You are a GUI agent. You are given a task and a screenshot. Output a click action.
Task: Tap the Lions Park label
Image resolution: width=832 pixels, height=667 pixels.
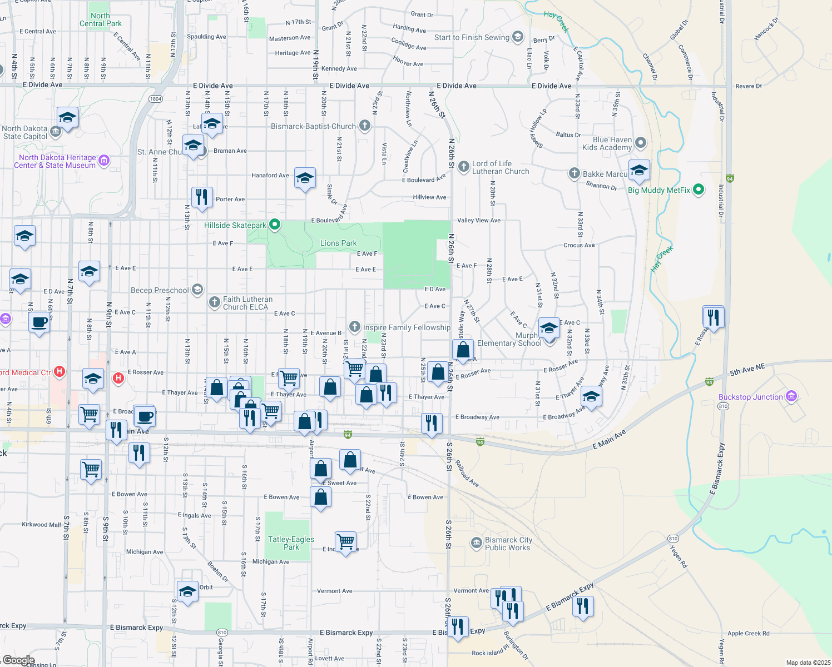pyautogui.click(x=338, y=243)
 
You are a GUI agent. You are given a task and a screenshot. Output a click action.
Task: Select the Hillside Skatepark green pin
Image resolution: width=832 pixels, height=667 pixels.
pyautogui.click(x=274, y=225)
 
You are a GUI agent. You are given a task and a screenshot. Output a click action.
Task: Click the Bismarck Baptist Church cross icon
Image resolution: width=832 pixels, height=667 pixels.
pyautogui.click(x=365, y=126)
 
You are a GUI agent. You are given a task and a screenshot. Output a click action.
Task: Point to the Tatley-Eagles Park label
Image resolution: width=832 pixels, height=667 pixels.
pyautogui.click(x=291, y=543)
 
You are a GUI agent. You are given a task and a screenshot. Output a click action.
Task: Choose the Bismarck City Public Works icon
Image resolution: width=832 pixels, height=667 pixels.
pyautogui.click(x=476, y=543)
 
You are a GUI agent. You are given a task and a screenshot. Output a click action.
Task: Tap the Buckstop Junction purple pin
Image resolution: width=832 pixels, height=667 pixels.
pyautogui.click(x=791, y=396)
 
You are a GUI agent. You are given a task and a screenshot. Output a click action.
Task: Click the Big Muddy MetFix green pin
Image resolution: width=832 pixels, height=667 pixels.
pyautogui.click(x=699, y=190)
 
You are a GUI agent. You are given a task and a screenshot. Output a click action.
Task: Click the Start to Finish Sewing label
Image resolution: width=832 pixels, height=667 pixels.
pyautogui.click(x=472, y=37)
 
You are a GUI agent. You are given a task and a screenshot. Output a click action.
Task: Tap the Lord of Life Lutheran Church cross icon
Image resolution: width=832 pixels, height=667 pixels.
pyautogui.click(x=464, y=167)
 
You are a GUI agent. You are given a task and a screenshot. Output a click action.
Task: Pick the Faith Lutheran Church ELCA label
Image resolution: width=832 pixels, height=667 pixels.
pyautogui.click(x=247, y=303)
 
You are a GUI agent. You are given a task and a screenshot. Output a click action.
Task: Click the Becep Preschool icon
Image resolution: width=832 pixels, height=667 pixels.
pyautogui.click(x=197, y=290)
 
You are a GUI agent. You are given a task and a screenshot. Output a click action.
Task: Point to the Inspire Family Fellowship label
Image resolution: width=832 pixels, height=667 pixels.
pyautogui.click(x=407, y=327)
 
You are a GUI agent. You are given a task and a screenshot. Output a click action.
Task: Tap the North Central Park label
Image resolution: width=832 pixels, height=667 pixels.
pyautogui.click(x=100, y=19)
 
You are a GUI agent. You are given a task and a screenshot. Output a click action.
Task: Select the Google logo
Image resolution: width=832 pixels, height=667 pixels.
pyautogui.click(x=18, y=660)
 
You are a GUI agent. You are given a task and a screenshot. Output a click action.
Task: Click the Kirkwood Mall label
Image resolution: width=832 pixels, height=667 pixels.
pyautogui.click(x=41, y=524)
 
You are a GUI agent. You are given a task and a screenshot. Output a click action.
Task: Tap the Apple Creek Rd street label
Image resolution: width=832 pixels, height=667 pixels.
pyautogui.click(x=748, y=633)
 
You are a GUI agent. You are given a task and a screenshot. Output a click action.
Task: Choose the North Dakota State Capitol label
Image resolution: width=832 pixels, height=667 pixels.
pyautogui.click(x=24, y=132)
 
